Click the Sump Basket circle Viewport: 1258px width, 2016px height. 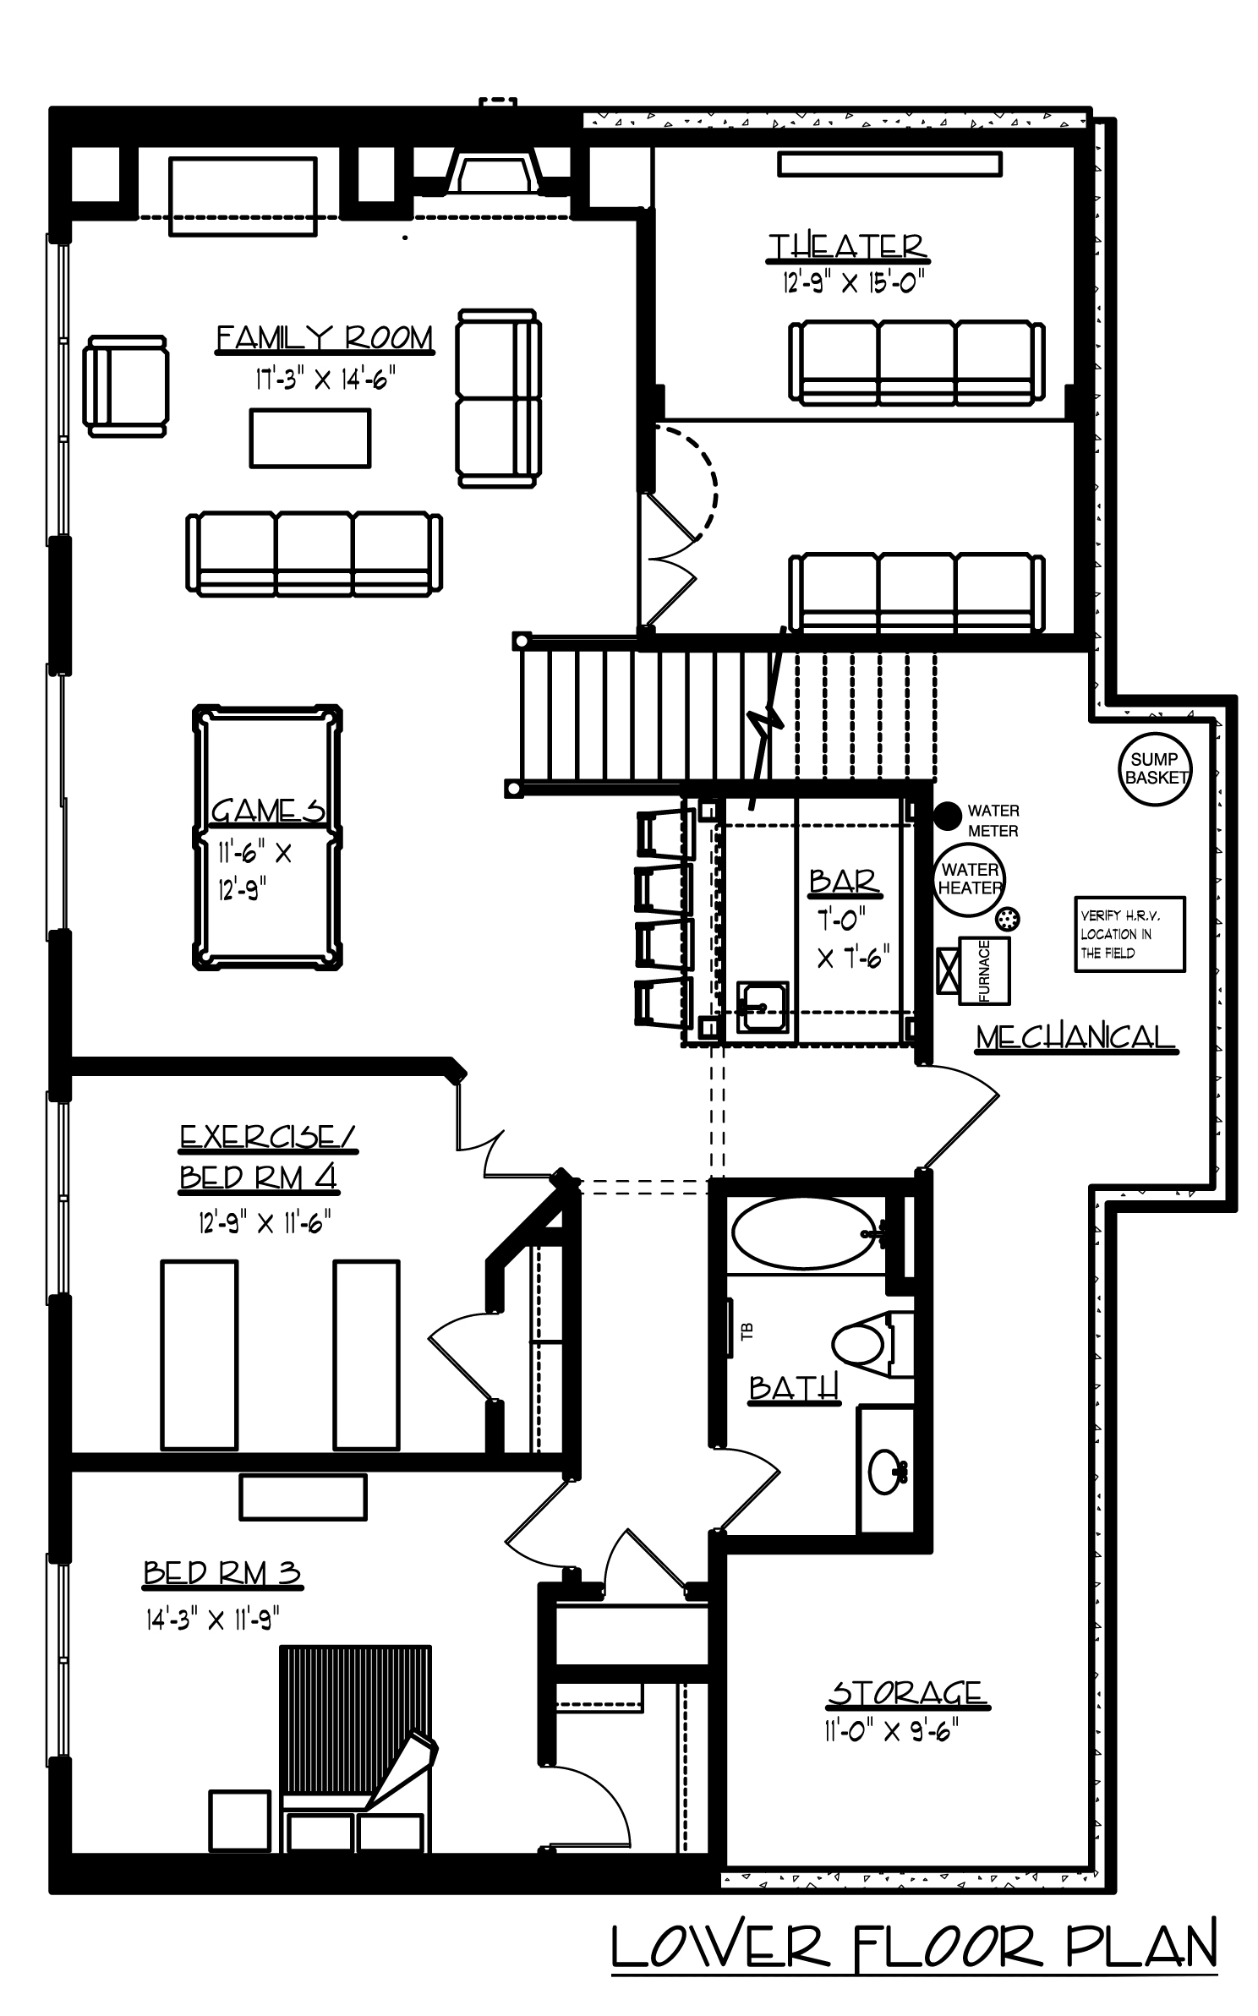(1155, 768)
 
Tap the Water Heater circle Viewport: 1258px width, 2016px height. (969, 879)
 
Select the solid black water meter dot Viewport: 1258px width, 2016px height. (948, 814)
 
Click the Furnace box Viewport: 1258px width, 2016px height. (984, 970)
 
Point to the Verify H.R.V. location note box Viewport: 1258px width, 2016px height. (1129, 934)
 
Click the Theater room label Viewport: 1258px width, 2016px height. (848, 246)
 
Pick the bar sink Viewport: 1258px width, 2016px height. (762, 1007)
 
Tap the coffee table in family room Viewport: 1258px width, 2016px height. (309, 438)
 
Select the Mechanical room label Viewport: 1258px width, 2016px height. (1075, 1036)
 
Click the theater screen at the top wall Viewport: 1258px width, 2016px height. (889, 164)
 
